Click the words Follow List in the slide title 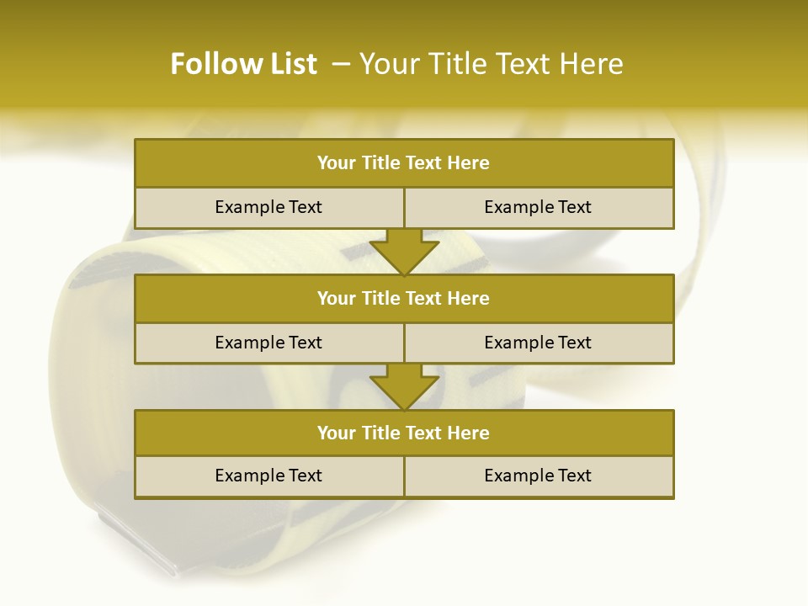(243, 64)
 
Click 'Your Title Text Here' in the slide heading (492, 64)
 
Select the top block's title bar (404, 163)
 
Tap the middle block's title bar (404, 298)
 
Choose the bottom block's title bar (404, 433)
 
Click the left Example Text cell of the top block (268, 207)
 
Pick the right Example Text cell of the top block (538, 207)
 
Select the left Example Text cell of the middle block (268, 343)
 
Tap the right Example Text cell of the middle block (538, 343)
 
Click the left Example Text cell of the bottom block (268, 476)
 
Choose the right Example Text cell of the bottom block (538, 476)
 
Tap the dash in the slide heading (341, 64)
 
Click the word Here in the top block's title (469, 163)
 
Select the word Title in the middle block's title (379, 298)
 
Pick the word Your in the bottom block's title (336, 433)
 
